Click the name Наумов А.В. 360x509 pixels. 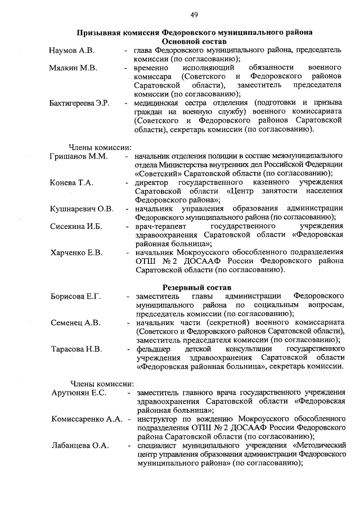[x=71, y=51]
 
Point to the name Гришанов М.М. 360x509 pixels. [x=78, y=156]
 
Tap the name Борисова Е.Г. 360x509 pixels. [x=75, y=296]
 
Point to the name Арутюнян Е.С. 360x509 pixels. [x=79, y=392]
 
